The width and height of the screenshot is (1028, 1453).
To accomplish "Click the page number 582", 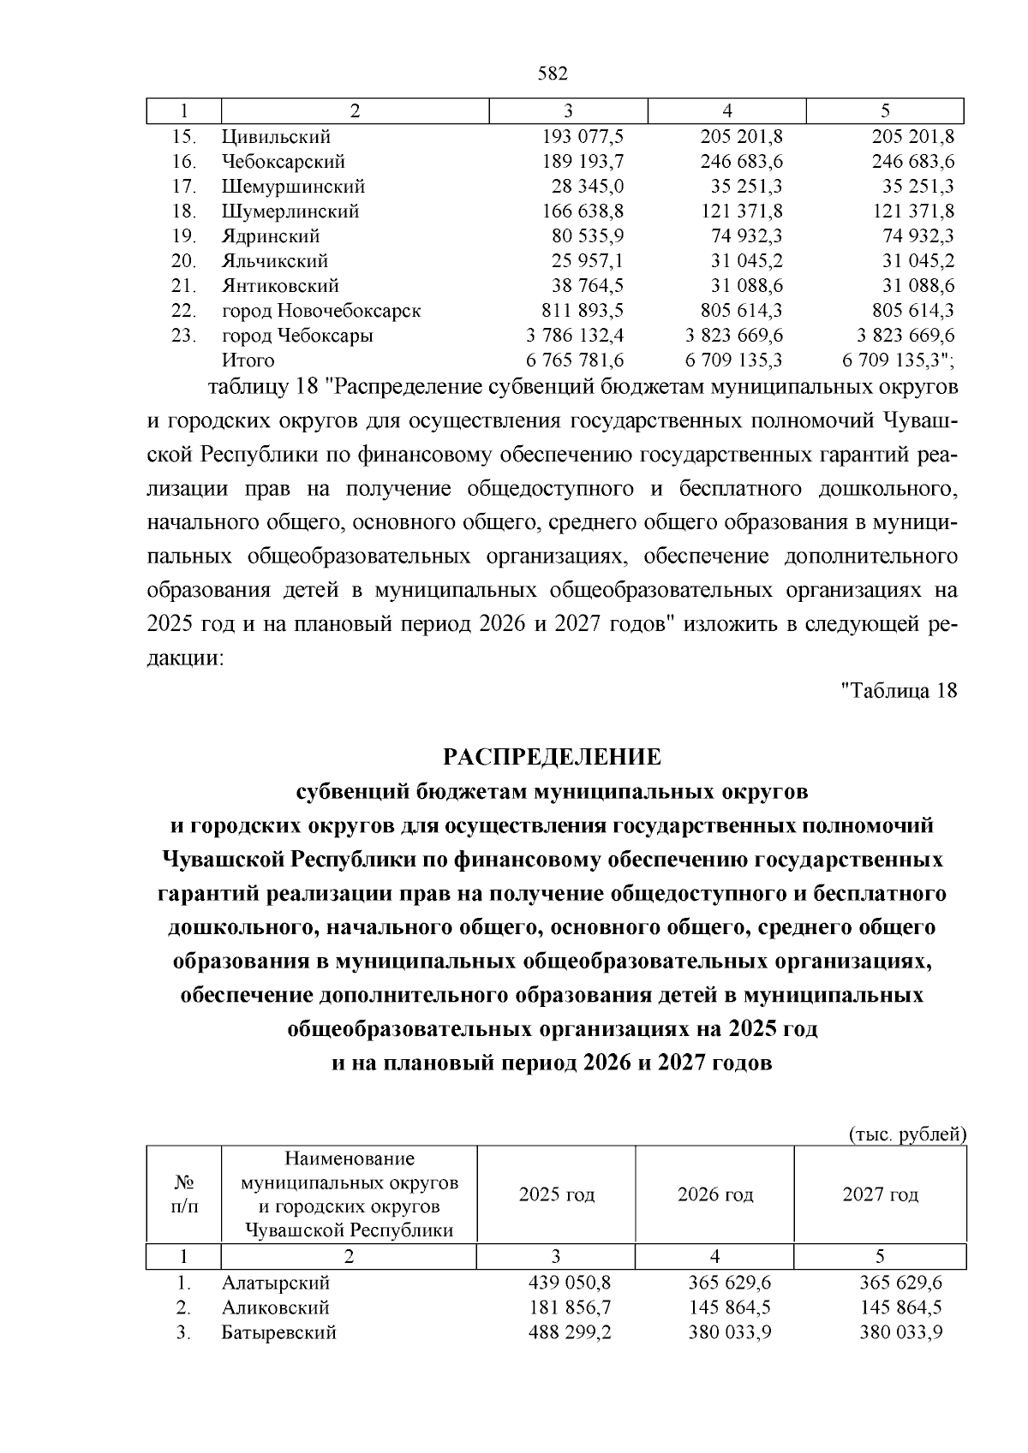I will click(x=553, y=74).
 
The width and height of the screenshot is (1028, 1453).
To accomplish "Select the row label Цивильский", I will click(x=276, y=137).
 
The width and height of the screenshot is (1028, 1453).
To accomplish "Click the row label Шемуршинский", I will click(x=293, y=187).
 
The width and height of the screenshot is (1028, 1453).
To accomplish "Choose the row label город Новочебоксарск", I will click(x=321, y=311).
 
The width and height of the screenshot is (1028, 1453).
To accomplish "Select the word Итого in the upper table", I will click(x=248, y=360).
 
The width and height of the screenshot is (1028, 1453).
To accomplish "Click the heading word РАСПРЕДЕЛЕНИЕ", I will click(x=552, y=757).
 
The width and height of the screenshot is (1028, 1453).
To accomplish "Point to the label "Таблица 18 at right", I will click(x=899, y=690).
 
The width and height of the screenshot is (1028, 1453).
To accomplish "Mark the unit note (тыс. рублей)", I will click(x=907, y=1135).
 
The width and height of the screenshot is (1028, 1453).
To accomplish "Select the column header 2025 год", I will click(x=556, y=1194).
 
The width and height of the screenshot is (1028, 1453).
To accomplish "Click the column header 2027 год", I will click(x=880, y=1194).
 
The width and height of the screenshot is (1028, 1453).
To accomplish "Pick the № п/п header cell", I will click(x=183, y=1194).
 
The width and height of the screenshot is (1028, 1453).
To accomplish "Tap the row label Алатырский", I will click(x=275, y=1283).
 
